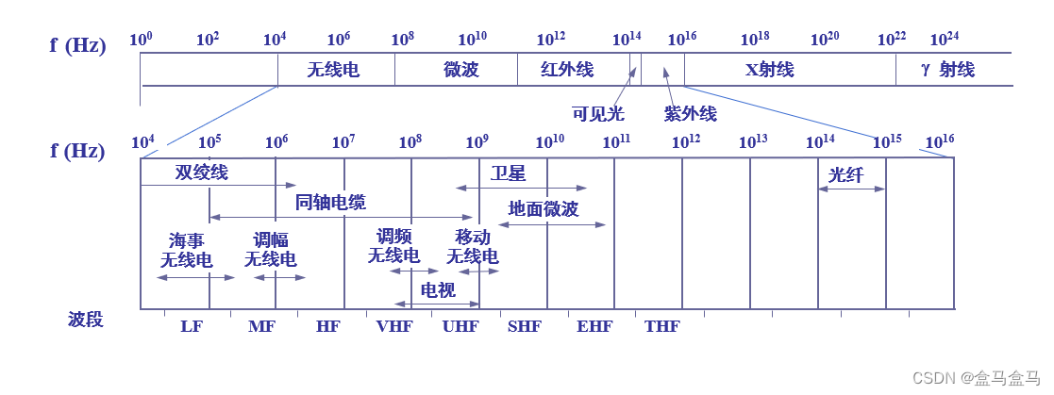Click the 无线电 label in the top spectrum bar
pyautogui.click(x=333, y=70)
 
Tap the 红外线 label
pyautogui.click(x=567, y=70)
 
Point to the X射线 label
pyautogui.click(x=770, y=70)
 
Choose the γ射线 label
pyautogui.click(x=947, y=70)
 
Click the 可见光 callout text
pyautogui.click(x=598, y=114)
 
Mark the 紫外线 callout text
pyautogui.click(x=690, y=114)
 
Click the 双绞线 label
pyautogui.click(x=201, y=173)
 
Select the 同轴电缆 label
pyautogui.click(x=330, y=202)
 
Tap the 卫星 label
pyautogui.click(x=508, y=173)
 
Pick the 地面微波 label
pyautogui.click(x=544, y=209)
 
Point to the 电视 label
pyautogui.click(x=438, y=290)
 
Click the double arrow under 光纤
pyautogui.click(x=852, y=189)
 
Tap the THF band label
pyautogui.click(x=661, y=326)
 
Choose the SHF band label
pyautogui.click(x=525, y=326)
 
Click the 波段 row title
pyautogui.click(x=85, y=320)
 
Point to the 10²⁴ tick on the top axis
pyautogui.click(x=944, y=40)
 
